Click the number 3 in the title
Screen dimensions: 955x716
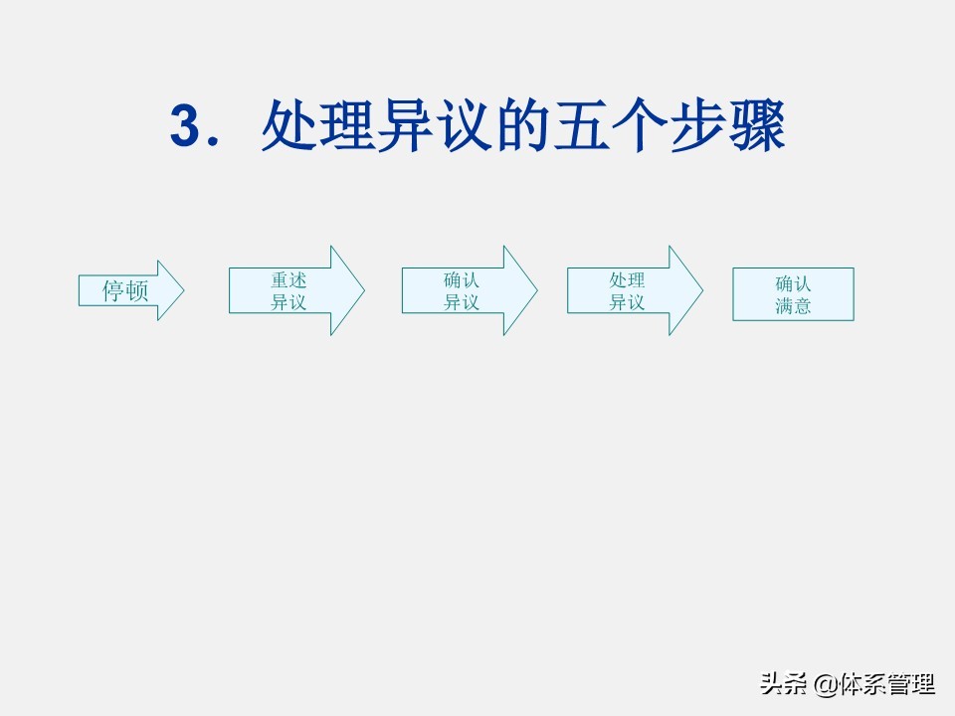click(x=186, y=125)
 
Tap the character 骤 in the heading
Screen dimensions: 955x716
click(x=756, y=125)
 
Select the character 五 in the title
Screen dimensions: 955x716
click(x=582, y=125)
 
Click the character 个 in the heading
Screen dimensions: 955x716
click(x=640, y=125)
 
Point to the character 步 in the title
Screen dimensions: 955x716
click(x=698, y=125)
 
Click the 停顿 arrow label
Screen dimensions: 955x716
click(x=125, y=290)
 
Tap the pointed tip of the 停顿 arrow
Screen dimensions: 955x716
click(x=183, y=290)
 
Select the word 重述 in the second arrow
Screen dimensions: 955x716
click(x=288, y=280)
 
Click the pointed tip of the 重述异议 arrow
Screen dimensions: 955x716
click(x=364, y=290)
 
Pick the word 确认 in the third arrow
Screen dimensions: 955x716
click(x=461, y=280)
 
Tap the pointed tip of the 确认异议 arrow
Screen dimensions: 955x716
click(x=537, y=290)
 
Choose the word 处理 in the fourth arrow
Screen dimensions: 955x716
click(x=627, y=280)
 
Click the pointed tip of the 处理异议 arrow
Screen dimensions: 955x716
click(x=703, y=290)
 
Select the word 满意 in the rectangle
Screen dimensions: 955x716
click(x=793, y=305)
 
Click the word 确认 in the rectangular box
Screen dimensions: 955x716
click(x=793, y=283)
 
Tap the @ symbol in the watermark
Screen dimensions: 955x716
click(x=826, y=684)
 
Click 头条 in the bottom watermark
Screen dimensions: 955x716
click(x=784, y=684)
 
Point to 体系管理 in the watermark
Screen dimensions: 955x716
click(x=886, y=684)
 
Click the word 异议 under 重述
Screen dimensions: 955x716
click(x=288, y=302)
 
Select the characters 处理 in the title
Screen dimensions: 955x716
click(x=318, y=125)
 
